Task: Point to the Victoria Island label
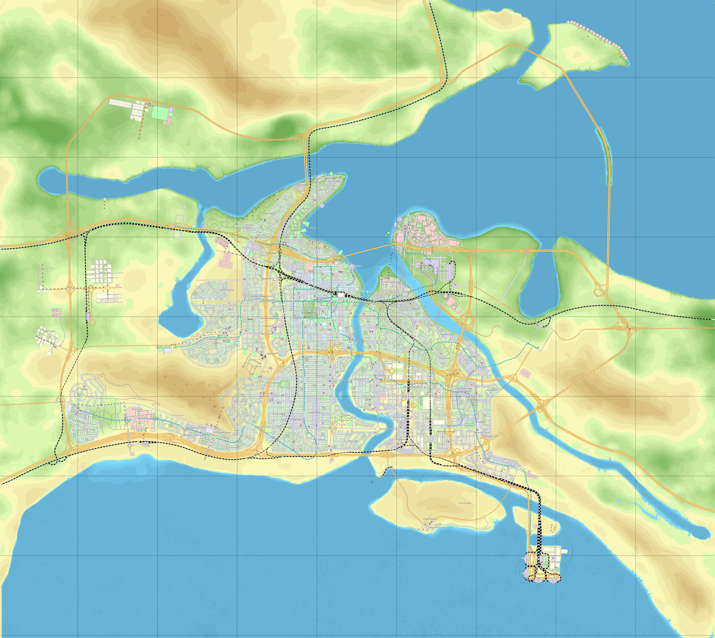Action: [465, 503]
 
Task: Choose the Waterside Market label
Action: [436, 527]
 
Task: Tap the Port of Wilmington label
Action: [555, 562]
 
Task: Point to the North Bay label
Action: [312, 228]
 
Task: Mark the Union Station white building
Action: [341, 295]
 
